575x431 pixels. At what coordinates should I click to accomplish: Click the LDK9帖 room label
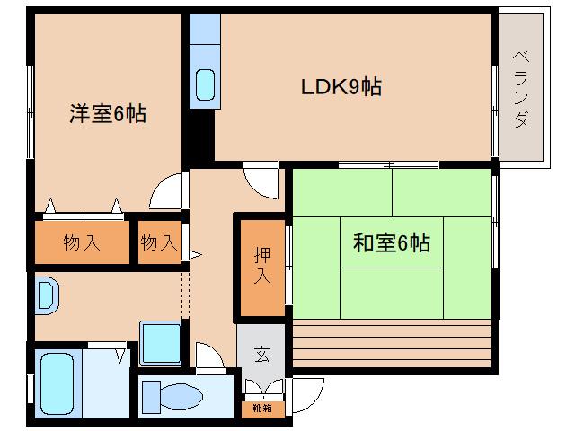341,87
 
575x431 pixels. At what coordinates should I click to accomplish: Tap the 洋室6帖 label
109,114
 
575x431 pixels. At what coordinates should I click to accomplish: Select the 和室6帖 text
391,242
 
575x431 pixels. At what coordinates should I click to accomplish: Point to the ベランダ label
522,89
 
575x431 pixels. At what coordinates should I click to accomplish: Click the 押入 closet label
261,266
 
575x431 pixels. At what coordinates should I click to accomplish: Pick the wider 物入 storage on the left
82,242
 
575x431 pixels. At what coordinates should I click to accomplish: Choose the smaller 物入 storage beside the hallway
160,242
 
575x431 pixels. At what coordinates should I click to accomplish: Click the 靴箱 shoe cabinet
261,409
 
